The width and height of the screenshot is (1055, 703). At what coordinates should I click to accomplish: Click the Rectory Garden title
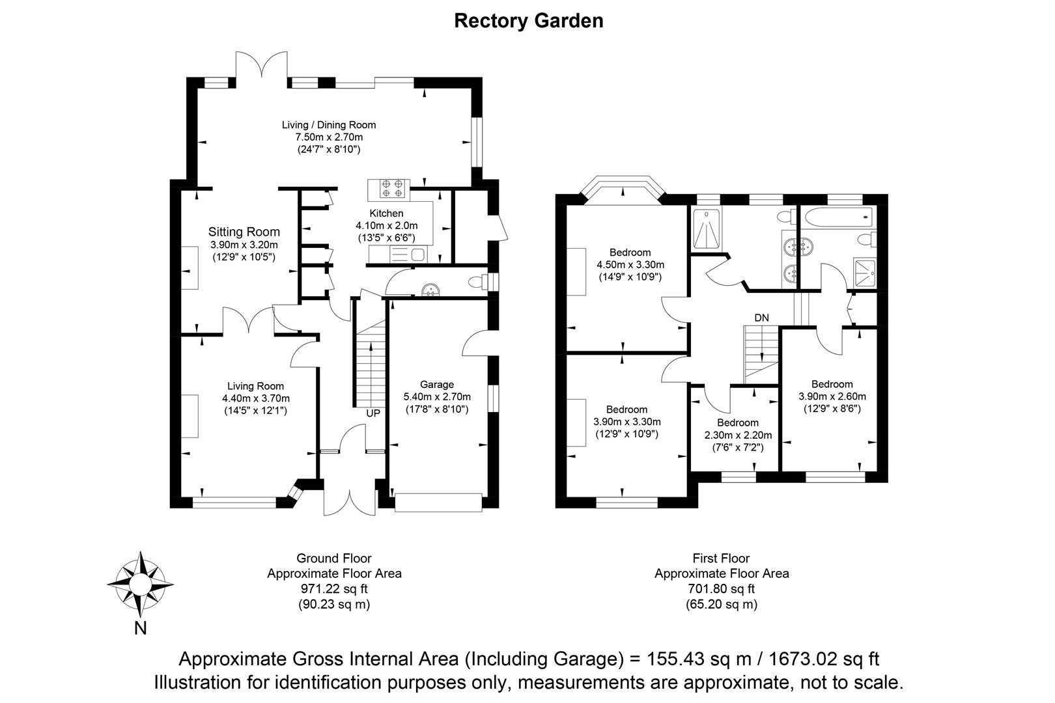pyautogui.click(x=528, y=21)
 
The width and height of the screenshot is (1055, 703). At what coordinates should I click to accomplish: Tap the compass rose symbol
pyautogui.click(x=141, y=585)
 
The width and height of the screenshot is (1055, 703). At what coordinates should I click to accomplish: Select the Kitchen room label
pyautogui.click(x=386, y=214)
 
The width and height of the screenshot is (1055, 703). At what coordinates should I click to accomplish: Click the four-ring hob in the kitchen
pyautogui.click(x=392, y=188)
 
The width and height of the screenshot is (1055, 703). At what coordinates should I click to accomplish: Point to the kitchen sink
pyautogui.click(x=408, y=255)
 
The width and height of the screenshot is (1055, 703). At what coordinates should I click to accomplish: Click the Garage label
pyautogui.click(x=436, y=385)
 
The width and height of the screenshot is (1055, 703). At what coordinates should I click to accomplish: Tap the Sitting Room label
pyautogui.click(x=244, y=232)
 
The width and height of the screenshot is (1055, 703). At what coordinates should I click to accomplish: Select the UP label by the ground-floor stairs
pyautogui.click(x=373, y=413)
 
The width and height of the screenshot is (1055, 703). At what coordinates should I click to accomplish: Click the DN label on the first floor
pyautogui.click(x=761, y=318)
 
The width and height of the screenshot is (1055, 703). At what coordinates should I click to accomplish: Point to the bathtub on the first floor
pyautogui.click(x=838, y=218)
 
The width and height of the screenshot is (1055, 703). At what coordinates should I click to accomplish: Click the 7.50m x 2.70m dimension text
pyautogui.click(x=330, y=137)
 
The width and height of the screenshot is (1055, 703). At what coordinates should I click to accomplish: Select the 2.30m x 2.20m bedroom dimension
pyautogui.click(x=738, y=435)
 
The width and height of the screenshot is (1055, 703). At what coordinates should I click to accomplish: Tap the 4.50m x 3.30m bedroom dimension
pyautogui.click(x=630, y=265)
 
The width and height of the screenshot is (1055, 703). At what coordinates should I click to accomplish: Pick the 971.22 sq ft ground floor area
pyautogui.click(x=334, y=589)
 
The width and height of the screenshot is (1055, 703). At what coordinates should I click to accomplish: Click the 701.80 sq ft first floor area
pyautogui.click(x=721, y=589)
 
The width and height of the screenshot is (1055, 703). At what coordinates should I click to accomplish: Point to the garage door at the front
pyautogui.click(x=438, y=502)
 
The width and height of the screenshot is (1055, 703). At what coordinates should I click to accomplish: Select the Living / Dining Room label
pyautogui.click(x=329, y=125)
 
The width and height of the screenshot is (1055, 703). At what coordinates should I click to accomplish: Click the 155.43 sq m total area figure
pyautogui.click(x=699, y=659)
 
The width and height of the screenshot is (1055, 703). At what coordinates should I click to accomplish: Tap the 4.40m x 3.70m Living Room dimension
pyautogui.click(x=256, y=398)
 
